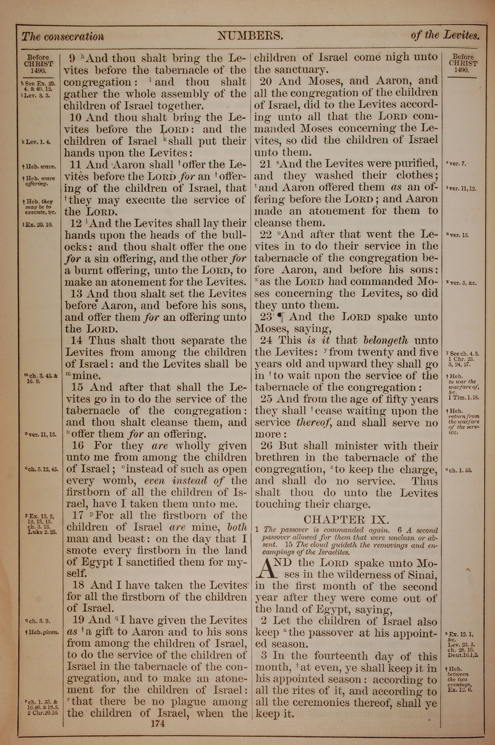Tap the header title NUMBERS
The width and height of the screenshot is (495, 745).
tap(250, 36)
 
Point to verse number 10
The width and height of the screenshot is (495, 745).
tap(76, 118)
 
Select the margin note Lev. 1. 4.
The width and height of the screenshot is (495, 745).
tap(37, 142)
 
